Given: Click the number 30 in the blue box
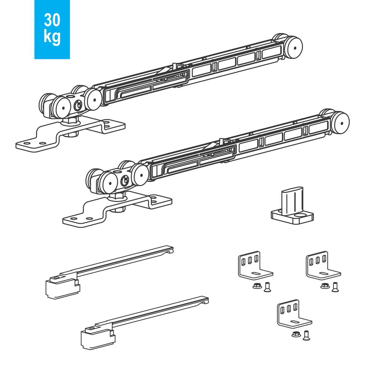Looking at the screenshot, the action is [52, 20].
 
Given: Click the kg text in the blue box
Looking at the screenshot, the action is [52, 37].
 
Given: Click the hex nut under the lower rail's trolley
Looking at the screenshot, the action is [117, 198].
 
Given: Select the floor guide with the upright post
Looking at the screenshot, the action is [292, 205].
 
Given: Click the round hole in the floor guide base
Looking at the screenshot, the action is [300, 215].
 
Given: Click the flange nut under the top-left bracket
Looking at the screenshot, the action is [257, 286].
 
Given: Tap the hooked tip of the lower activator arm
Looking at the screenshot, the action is [207, 302].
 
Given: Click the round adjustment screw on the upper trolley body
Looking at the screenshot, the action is [79, 105].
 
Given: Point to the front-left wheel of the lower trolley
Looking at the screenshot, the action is [109, 183].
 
